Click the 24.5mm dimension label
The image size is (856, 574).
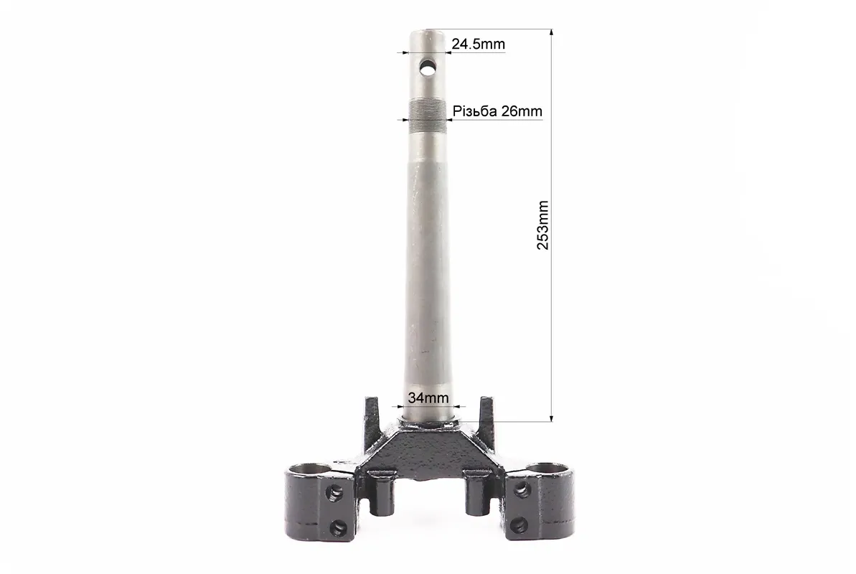click(x=478, y=44)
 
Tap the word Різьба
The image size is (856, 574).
click(x=474, y=111)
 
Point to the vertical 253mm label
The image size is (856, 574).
click(x=542, y=225)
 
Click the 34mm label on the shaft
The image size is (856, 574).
click(x=428, y=397)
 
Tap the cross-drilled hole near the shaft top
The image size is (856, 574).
click(x=428, y=69)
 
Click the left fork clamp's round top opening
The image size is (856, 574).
click(x=309, y=469)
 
